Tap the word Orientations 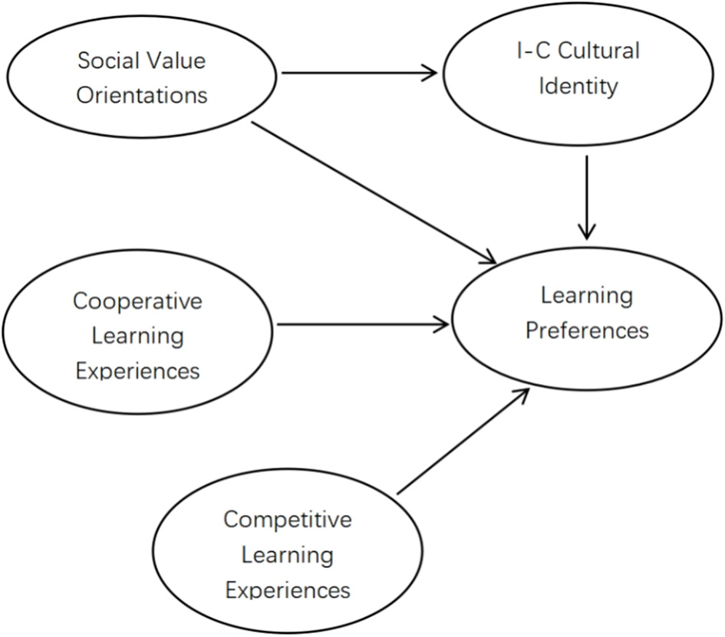tap(143, 96)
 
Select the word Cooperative tap(138, 300)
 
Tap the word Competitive tap(288, 519)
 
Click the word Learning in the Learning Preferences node tap(587, 295)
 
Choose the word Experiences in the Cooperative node tap(138, 371)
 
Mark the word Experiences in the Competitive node tap(288, 589)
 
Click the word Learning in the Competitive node tap(288, 554)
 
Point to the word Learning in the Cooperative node tap(138, 336)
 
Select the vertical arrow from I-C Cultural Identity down tap(587, 195)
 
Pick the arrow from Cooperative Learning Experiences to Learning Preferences tap(361, 325)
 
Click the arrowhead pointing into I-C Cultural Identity tap(429, 74)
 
